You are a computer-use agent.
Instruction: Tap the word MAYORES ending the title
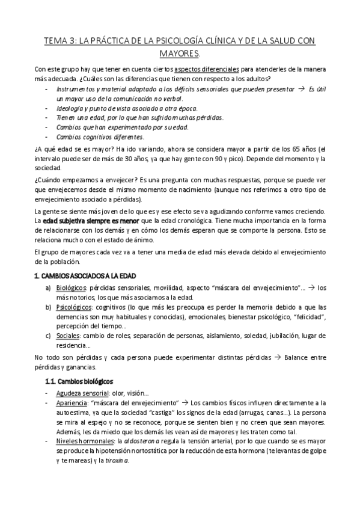coord(180,54)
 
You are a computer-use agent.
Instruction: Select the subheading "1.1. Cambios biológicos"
coord(80,381)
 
